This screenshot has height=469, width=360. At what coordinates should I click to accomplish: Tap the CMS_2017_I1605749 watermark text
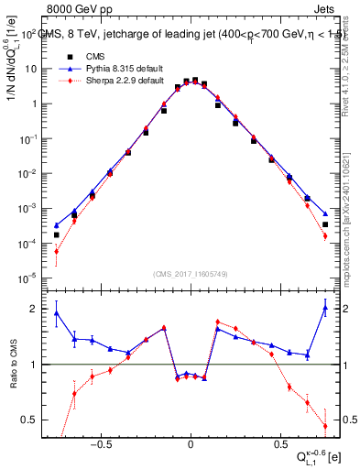[191, 274]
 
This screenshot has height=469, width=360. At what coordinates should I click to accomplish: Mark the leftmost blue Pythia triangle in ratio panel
[56, 313]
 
